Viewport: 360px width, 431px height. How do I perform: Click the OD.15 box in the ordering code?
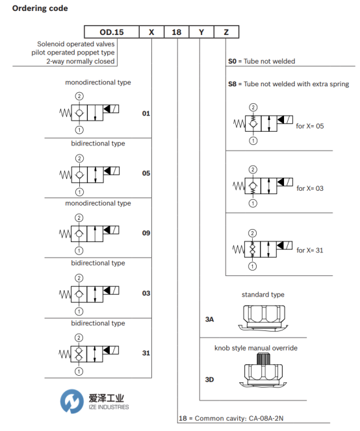(112, 32)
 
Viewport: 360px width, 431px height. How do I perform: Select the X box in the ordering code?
(151, 32)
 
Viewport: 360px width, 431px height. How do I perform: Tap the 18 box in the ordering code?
(177, 32)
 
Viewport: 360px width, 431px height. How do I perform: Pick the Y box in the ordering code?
(201, 32)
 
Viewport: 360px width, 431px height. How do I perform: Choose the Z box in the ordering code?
(227, 32)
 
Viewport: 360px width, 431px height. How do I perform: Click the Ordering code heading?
(40, 8)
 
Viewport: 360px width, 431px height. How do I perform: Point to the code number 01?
(146, 114)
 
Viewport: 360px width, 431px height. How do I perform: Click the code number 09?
(146, 233)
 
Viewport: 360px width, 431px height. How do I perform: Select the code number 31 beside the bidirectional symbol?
(146, 353)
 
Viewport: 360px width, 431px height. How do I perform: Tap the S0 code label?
(232, 61)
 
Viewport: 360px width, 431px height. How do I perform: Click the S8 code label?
(232, 84)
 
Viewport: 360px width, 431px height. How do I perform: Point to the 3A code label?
(209, 319)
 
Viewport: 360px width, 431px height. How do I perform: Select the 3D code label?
(209, 380)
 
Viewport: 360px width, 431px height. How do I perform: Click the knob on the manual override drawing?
(263, 359)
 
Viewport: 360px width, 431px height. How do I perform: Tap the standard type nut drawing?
(263, 318)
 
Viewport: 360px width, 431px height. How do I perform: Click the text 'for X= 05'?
(310, 126)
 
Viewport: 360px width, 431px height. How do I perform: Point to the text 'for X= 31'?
(310, 251)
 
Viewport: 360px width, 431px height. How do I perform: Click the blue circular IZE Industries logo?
(72, 401)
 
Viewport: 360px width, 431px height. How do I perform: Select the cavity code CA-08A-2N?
(266, 419)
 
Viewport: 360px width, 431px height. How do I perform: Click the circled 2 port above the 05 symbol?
(79, 158)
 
